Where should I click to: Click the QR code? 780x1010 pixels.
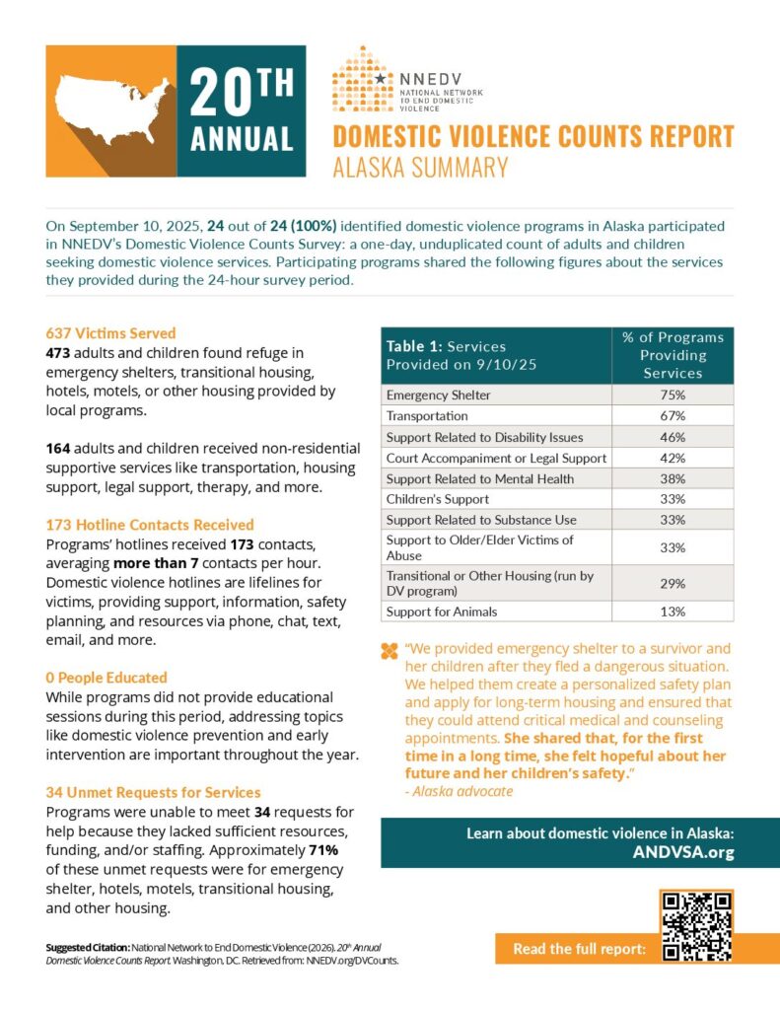tap(696, 927)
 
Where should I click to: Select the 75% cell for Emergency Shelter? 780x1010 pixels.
tap(673, 395)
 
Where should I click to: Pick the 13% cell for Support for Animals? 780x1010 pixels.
tap(673, 612)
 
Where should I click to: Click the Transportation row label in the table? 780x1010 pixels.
tap(428, 416)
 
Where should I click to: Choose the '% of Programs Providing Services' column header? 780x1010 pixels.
tap(673, 355)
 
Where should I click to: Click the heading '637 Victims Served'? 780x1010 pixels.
tap(110, 333)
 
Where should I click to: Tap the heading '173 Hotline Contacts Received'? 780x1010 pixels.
tap(149, 525)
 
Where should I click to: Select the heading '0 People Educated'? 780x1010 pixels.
tap(106, 678)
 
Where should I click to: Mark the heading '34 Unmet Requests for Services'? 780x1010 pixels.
tap(153, 792)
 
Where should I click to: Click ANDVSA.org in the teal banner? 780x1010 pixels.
tap(683, 853)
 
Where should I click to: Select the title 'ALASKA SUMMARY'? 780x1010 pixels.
tap(420, 168)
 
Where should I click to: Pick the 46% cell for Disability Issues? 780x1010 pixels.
tap(673, 437)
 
